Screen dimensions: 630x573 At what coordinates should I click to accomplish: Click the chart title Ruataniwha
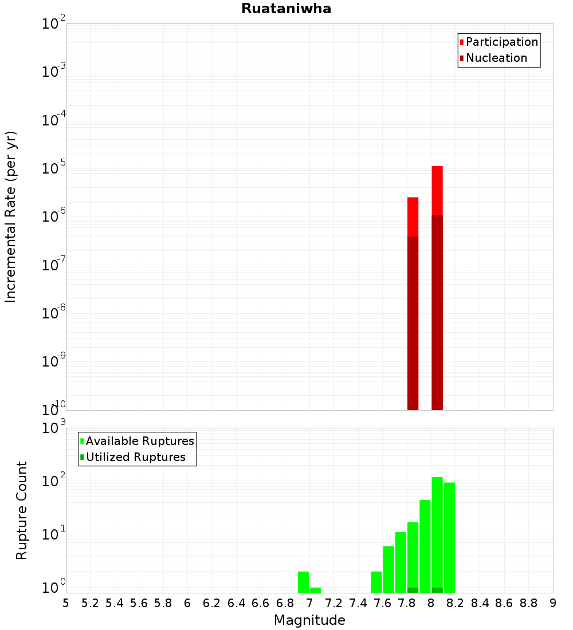pyautogui.click(x=286, y=9)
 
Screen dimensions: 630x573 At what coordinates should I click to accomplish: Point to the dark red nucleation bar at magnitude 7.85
pyautogui.click(x=413, y=321)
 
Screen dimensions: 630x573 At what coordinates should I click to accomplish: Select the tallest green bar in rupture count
pyautogui.click(x=437, y=533)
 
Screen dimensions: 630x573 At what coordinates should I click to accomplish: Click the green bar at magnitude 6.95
pyautogui.click(x=303, y=581)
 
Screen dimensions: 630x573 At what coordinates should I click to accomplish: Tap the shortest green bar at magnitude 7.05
pyautogui.click(x=315, y=589)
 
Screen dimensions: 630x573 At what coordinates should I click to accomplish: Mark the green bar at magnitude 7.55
pyautogui.click(x=376, y=581)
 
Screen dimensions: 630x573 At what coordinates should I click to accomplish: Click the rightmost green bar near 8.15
pyautogui.click(x=449, y=535)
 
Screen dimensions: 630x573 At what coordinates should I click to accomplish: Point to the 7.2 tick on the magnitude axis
pyautogui.click(x=334, y=603)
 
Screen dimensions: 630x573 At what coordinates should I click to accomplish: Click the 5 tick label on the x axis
pyautogui.click(x=66, y=603)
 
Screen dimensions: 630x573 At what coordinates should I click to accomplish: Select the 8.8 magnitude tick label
pyautogui.click(x=528, y=603)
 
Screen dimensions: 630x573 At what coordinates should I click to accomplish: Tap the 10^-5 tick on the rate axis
pyautogui.click(x=54, y=168)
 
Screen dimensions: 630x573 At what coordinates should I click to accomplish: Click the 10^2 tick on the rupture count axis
pyautogui.click(x=54, y=481)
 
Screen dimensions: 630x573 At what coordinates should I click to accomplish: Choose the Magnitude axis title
pyautogui.click(x=309, y=620)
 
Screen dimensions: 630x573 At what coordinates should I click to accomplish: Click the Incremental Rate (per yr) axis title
pyautogui.click(x=11, y=216)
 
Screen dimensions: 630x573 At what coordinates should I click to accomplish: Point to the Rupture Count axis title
pyautogui.click(x=22, y=510)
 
